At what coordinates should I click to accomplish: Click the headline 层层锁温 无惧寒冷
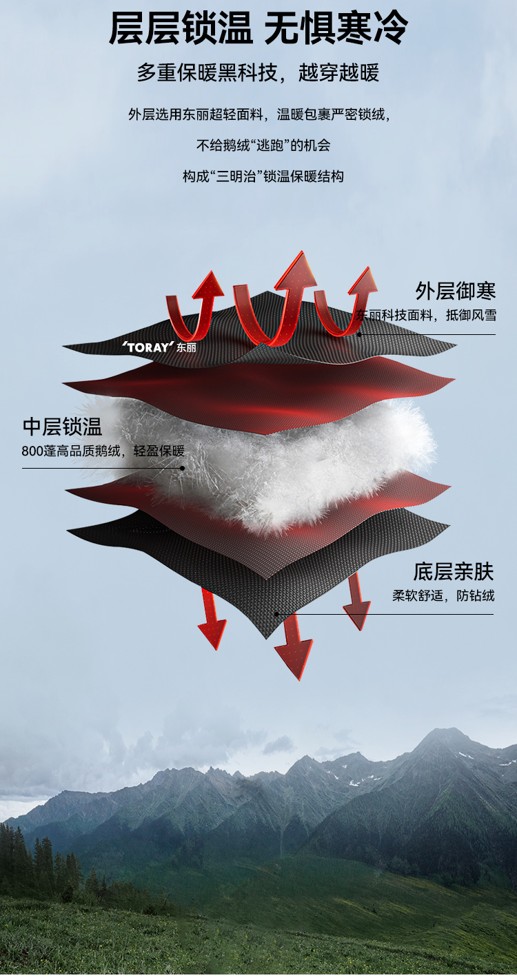pyautogui.click(x=258, y=29)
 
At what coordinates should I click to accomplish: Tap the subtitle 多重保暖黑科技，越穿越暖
pyautogui.click(x=258, y=72)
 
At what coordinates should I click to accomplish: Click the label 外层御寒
pyautogui.click(x=456, y=291)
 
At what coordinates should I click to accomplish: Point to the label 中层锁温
pyautogui.click(x=63, y=427)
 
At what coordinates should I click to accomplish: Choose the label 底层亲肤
pyautogui.click(x=454, y=571)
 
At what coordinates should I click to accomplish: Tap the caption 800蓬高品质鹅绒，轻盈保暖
pyautogui.click(x=103, y=452)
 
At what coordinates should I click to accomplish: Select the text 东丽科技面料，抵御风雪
pyautogui.click(x=426, y=316)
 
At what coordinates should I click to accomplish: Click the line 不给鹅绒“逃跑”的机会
pyautogui.click(x=263, y=145)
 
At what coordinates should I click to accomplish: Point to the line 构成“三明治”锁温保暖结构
pyautogui.click(x=263, y=176)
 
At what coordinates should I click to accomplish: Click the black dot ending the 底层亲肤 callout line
pyautogui.click(x=276, y=614)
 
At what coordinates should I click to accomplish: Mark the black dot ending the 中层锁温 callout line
pyautogui.click(x=183, y=468)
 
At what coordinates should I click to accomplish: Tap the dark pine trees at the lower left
pyautogui.click(x=41, y=861)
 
